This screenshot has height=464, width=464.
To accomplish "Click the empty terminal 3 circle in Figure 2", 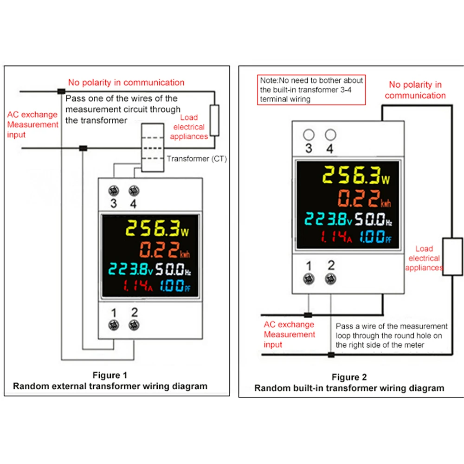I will click(x=309, y=135).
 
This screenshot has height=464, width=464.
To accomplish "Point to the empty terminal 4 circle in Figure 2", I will click(x=330, y=135).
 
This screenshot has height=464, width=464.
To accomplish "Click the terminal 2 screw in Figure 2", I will click(x=330, y=279).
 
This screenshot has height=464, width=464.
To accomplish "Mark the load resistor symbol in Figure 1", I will click(x=214, y=120).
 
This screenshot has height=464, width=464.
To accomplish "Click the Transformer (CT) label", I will click(x=196, y=159).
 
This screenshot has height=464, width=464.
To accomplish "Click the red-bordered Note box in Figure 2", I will click(x=311, y=90).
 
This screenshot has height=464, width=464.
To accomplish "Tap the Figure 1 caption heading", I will click(x=110, y=375).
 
